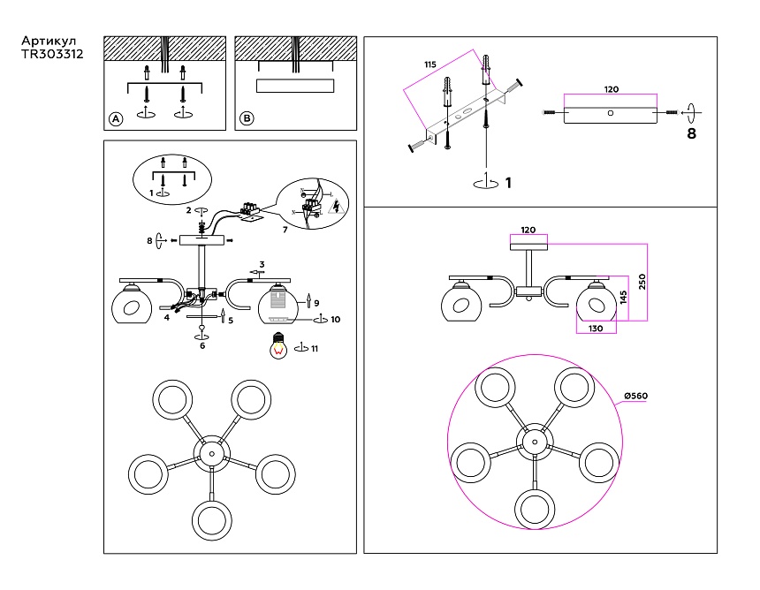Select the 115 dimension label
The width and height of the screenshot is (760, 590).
point(430,66)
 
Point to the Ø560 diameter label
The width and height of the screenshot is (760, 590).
point(635,396)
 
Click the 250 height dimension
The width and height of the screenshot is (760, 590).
point(643,282)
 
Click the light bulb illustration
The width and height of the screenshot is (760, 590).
point(280,345)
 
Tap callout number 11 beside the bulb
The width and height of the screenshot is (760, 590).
point(314,348)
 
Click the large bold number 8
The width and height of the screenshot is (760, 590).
point(691,134)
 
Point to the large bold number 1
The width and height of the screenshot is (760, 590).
point(508,183)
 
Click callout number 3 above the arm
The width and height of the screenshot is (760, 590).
point(262,264)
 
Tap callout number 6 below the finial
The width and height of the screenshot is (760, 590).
point(202,346)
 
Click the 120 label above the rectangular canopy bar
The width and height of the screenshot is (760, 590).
point(610,89)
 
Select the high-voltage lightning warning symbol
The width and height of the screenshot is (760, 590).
point(334,208)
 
